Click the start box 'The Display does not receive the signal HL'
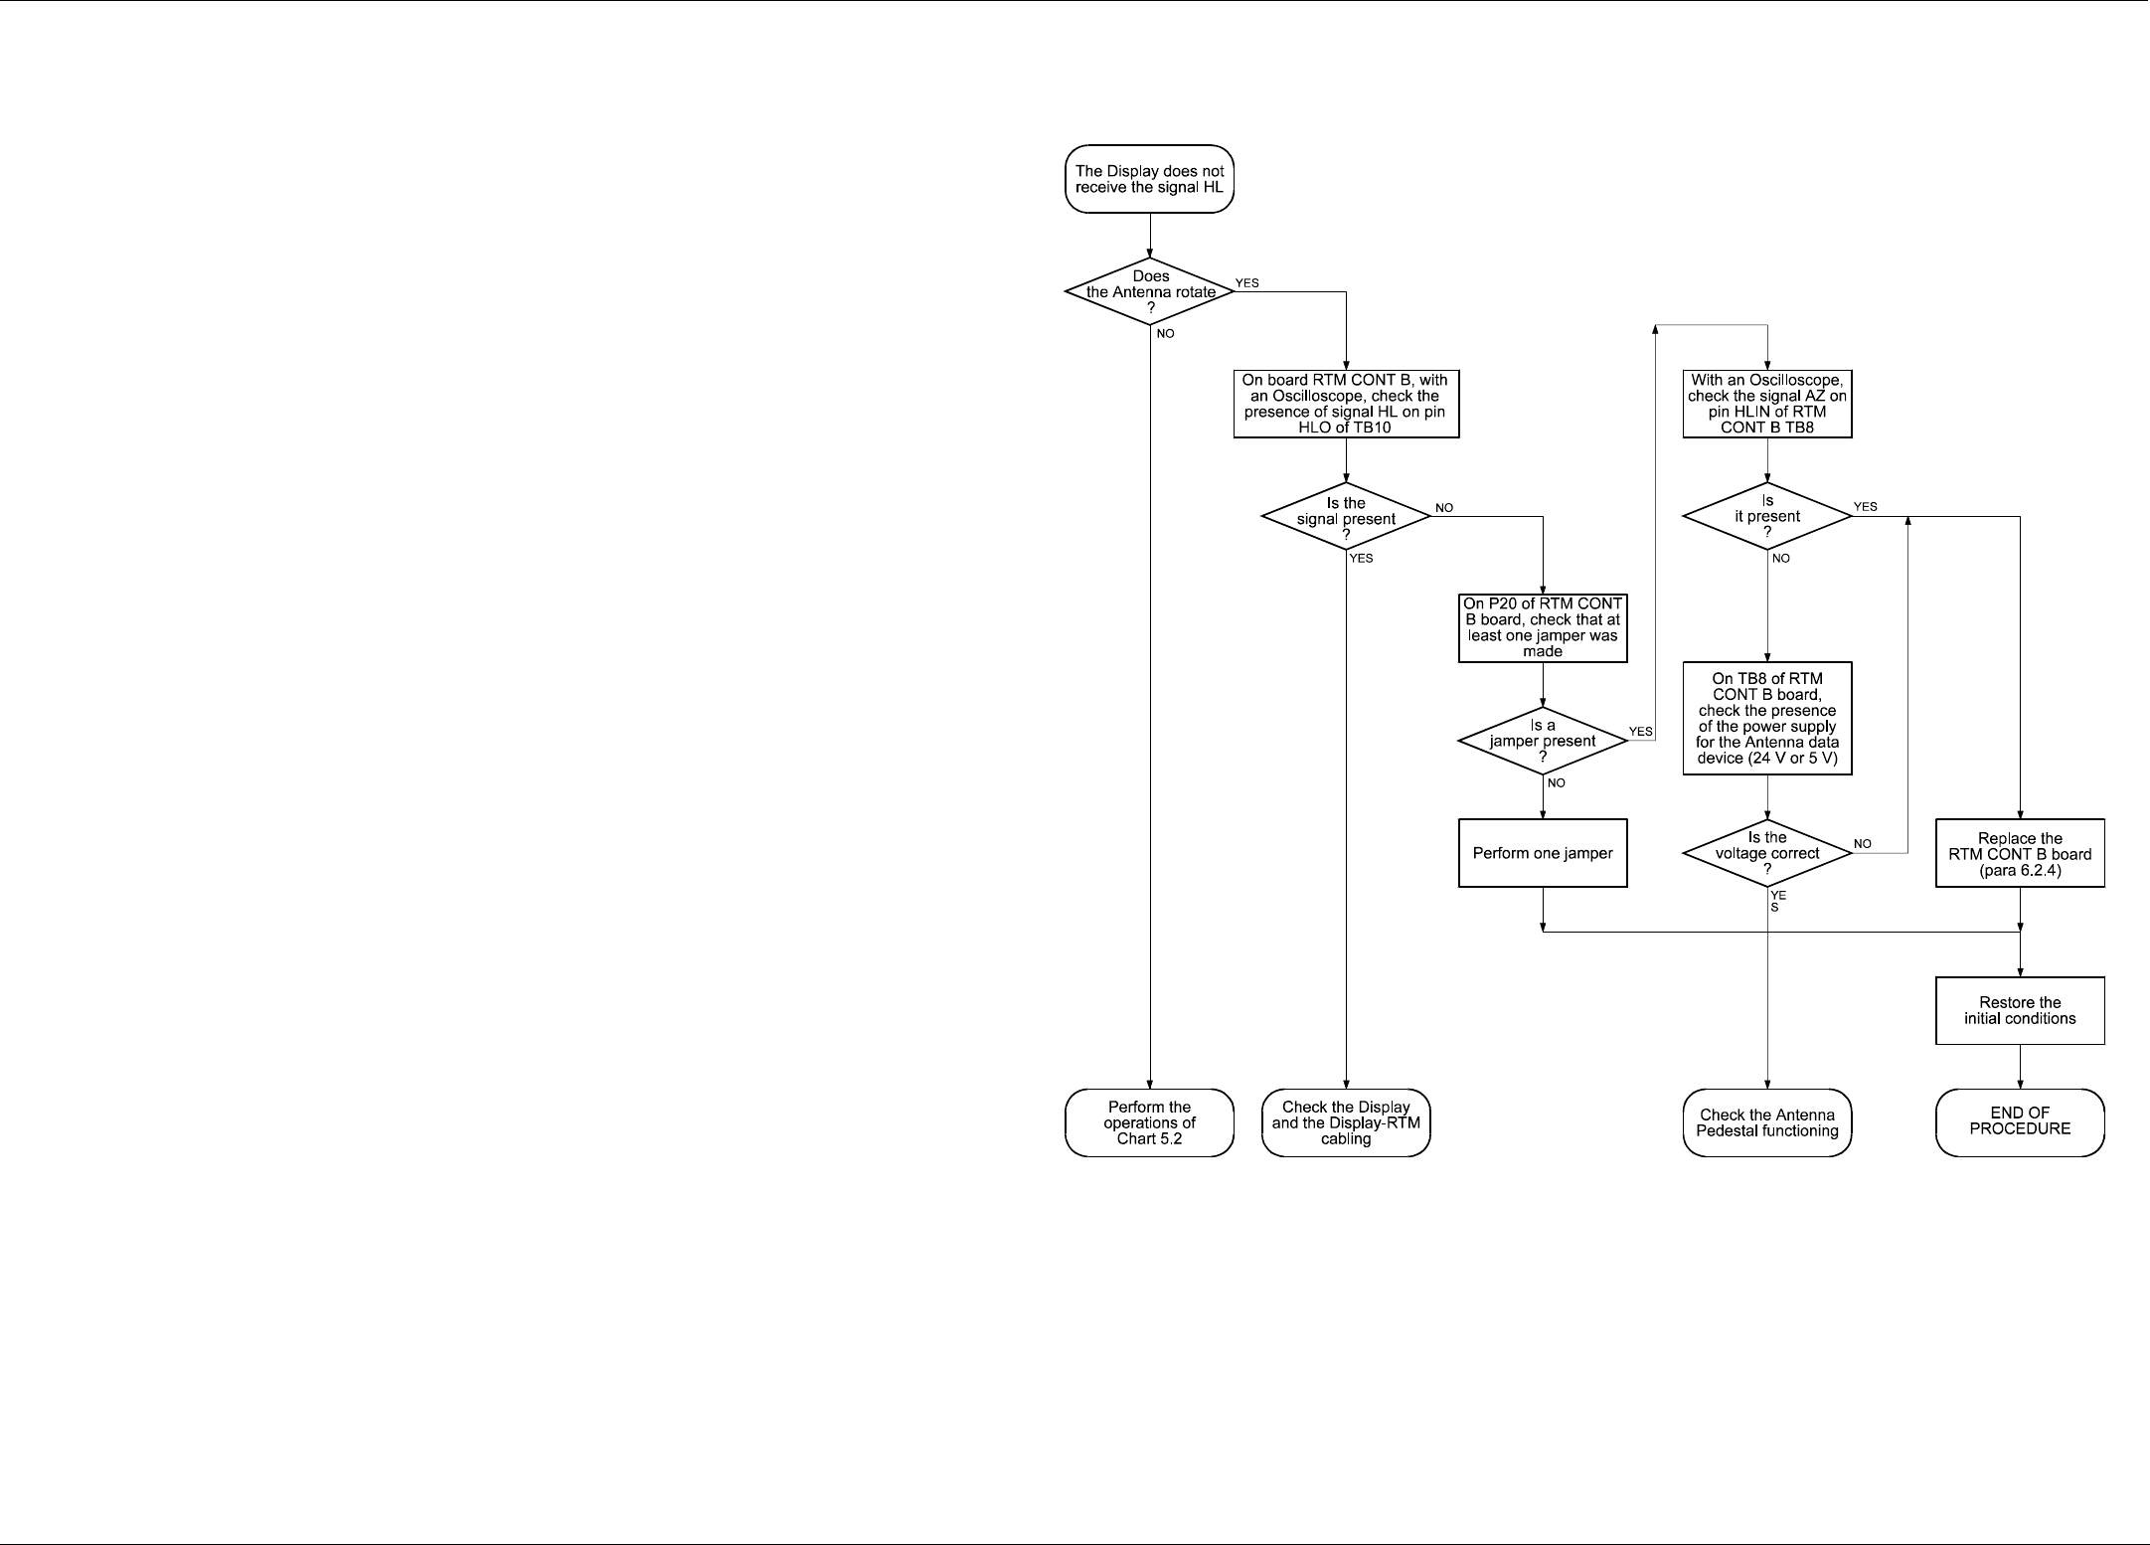[x=1149, y=179]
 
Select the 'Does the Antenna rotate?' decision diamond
[x=1149, y=291]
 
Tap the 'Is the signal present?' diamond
[x=1346, y=517]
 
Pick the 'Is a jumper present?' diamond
[x=1543, y=741]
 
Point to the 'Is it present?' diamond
[x=1767, y=516]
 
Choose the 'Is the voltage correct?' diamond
[x=1767, y=853]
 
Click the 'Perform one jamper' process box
[x=1543, y=853]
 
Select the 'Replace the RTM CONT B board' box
[x=2020, y=853]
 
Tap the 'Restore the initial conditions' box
[x=2020, y=1010]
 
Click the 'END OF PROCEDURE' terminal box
[x=2020, y=1121]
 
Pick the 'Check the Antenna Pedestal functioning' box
[x=1767, y=1122]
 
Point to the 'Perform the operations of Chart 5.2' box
[x=1149, y=1122]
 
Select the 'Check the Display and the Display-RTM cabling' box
[x=1346, y=1122]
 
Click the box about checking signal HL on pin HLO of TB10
[x=1346, y=404]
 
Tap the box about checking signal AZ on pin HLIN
[x=1767, y=404]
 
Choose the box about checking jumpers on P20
[x=1543, y=627]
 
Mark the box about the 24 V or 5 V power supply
[x=1767, y=718]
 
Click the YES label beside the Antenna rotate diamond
[x=1246, y=283]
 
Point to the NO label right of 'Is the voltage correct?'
[x=1863, y=844]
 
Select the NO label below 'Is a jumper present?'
[x=1557, y=783]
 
